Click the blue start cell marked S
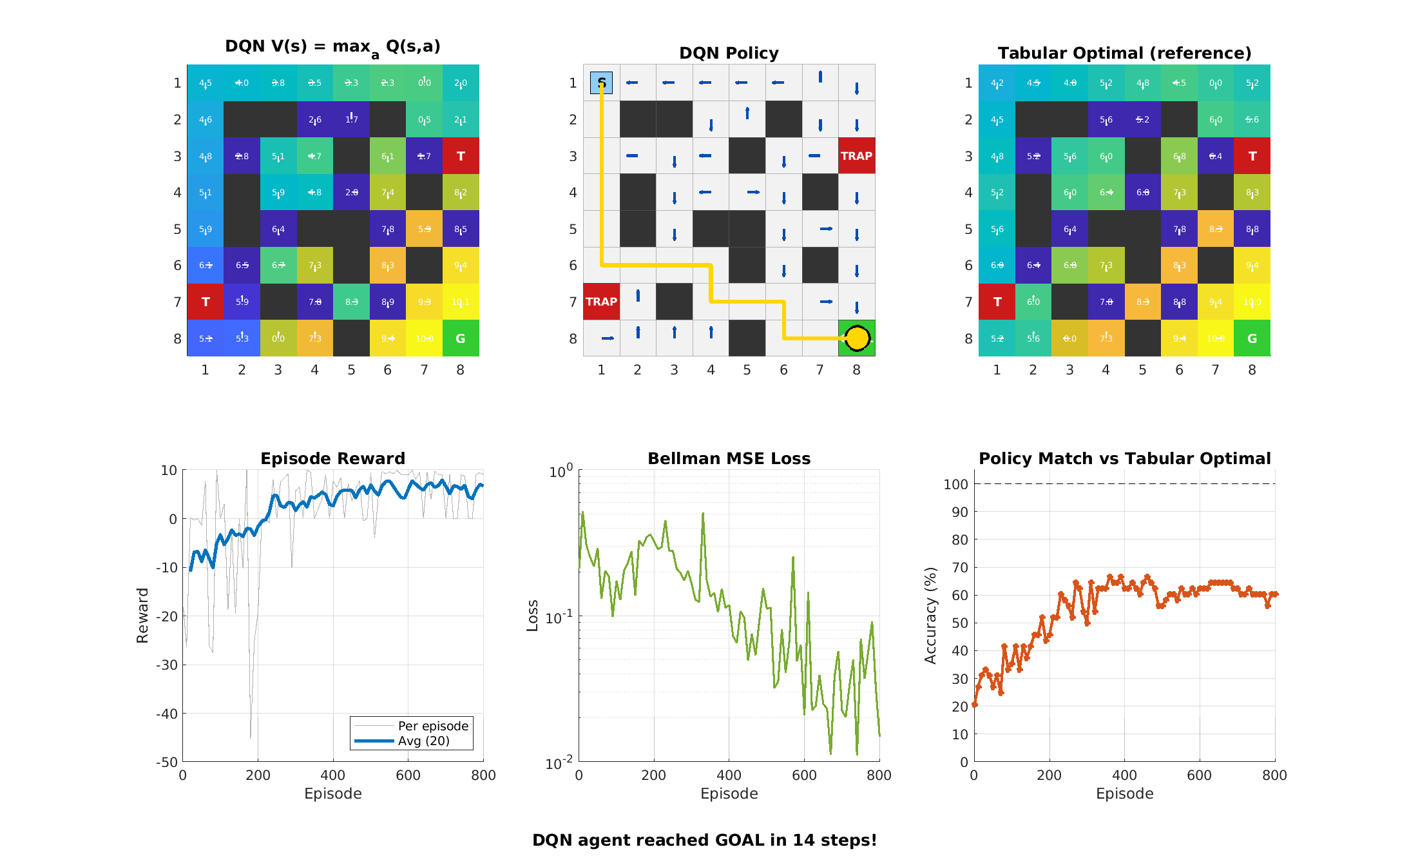[x=601, y=83]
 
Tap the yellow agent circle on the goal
[x=857, y=338]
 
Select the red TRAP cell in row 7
[x=601, y=302]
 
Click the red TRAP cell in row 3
[x=856, y=156]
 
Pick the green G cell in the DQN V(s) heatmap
[x=461, y=338]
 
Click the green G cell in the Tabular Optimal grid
[x=1252, y=338]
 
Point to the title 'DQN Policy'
[x=729, y=53]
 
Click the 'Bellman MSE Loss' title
[x=729, y=458]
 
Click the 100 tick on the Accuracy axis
[x=955, y=484]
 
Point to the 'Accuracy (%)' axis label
[x=930, y=616]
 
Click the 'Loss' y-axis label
[x=532, y=616]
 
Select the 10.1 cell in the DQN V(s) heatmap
[x=461, y=302]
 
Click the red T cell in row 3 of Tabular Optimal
[x=1252, y=156]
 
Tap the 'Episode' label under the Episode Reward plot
[x=332, y=793]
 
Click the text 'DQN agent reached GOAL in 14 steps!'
[x=704, y=840]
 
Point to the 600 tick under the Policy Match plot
[x=1199, y=775]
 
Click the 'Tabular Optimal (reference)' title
[x=1124, y=53]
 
